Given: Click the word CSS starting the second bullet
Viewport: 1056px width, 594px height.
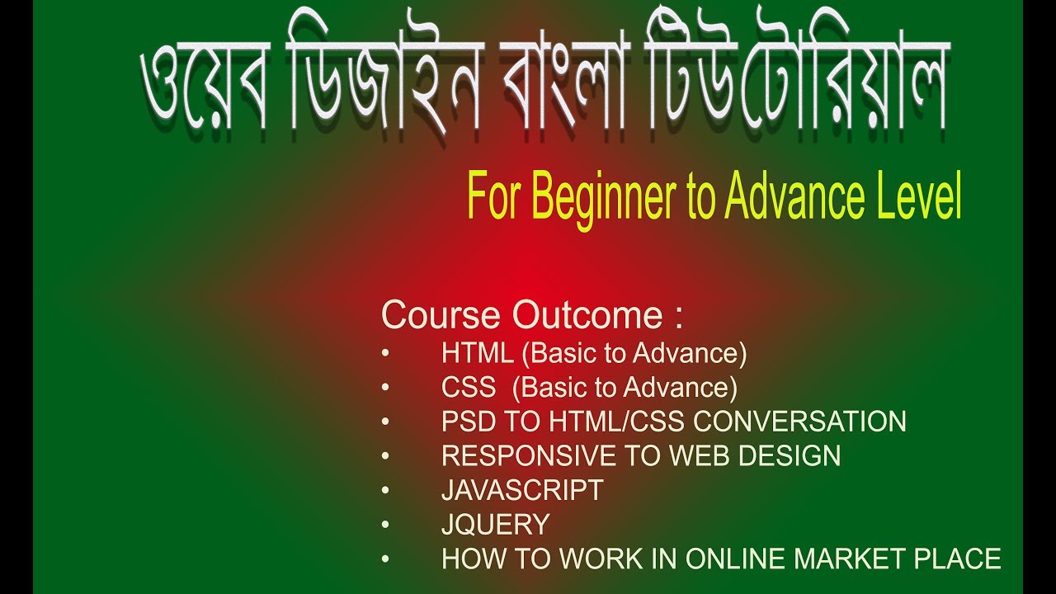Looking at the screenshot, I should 469,387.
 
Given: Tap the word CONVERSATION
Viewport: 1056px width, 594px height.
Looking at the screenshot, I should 799,422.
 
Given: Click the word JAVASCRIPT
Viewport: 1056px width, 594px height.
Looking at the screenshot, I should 522,490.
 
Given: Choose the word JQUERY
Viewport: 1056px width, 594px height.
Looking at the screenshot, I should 495,525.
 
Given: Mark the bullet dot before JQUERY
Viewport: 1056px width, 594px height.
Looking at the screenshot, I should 385,526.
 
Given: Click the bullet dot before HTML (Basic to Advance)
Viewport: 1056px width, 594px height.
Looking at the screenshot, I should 385,354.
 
